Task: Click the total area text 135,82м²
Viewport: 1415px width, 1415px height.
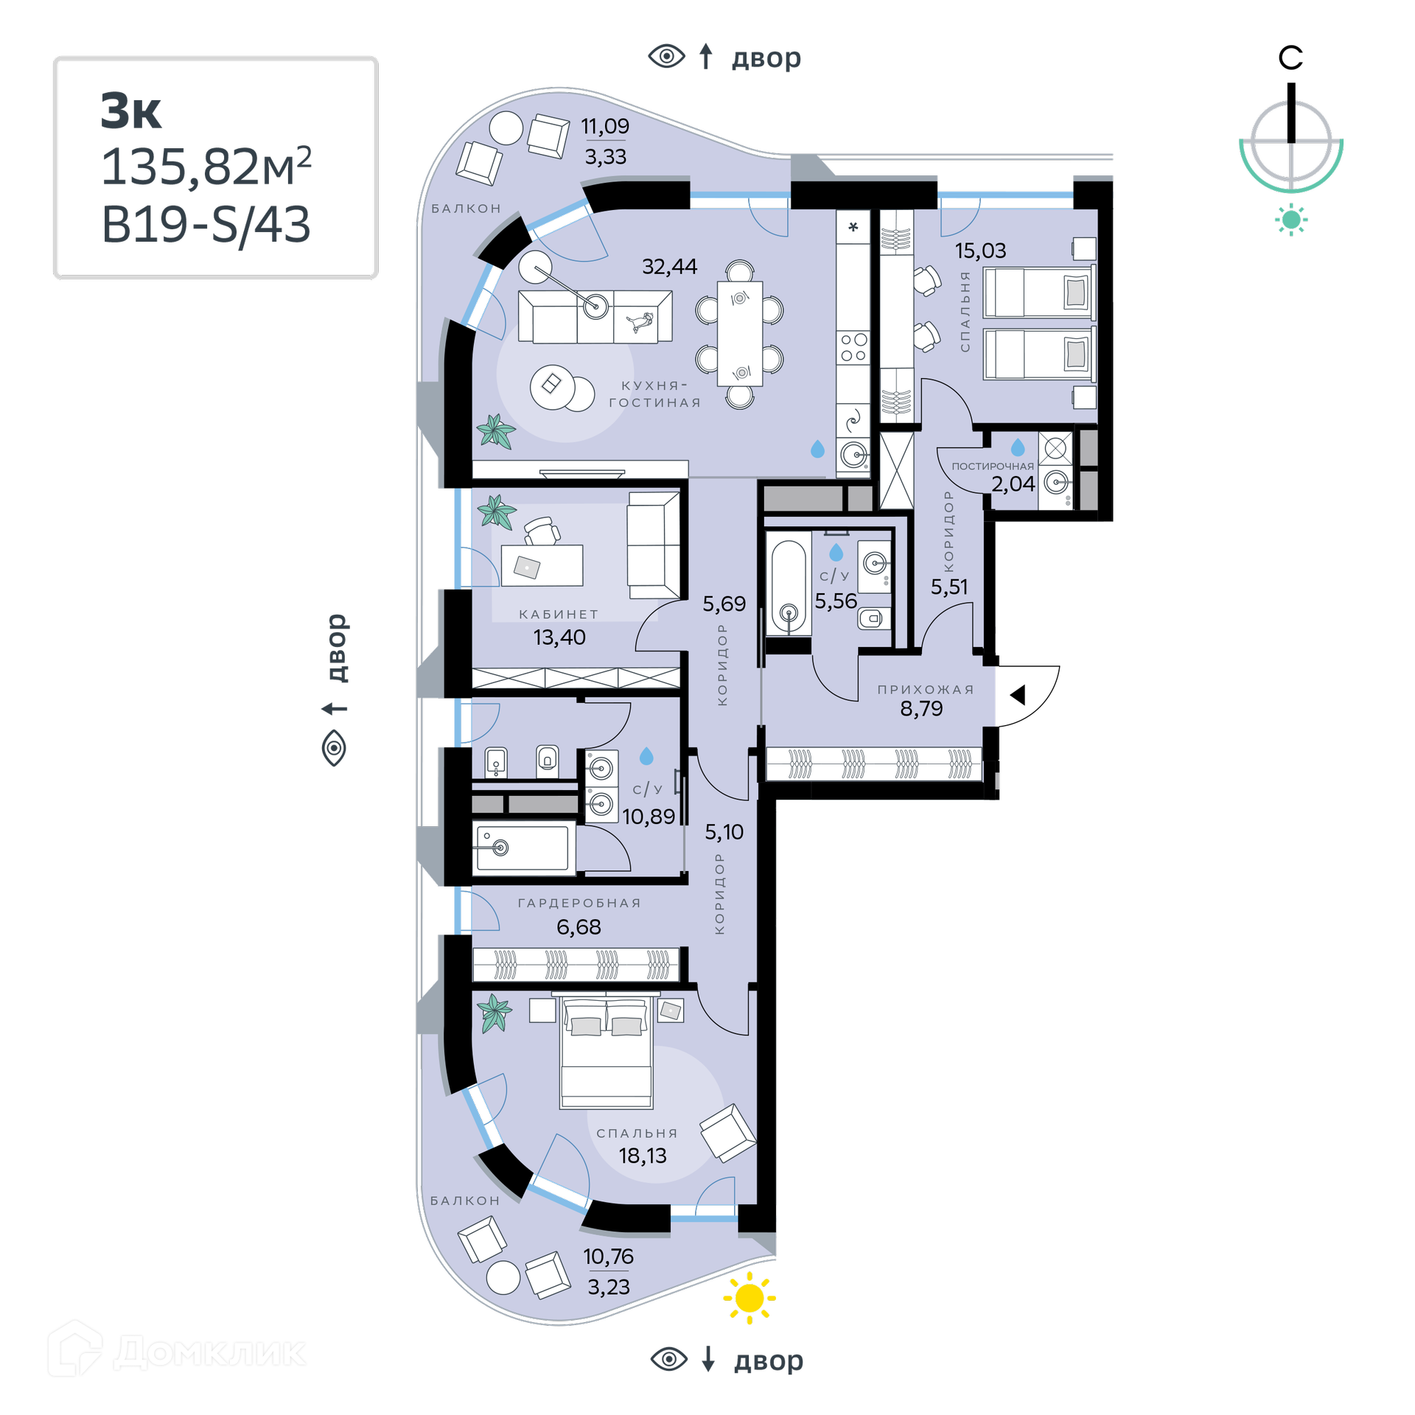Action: point(206,167)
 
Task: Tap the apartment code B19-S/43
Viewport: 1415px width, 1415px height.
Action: point(206,224)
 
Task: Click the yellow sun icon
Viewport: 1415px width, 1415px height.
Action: point(750,1298)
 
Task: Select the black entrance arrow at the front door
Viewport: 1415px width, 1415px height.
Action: point(1018,694)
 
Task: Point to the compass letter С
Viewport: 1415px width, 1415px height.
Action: point(1290,57)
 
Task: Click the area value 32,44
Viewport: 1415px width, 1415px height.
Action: point(669,266)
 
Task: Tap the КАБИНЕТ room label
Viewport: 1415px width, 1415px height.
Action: point(559,614)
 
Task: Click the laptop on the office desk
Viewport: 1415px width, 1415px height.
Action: point(527,567)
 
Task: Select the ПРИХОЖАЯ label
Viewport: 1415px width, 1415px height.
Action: point(926,689)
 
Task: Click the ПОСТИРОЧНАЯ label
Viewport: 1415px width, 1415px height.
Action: point(993,466)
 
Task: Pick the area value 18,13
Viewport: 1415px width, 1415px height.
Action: point(643,1156)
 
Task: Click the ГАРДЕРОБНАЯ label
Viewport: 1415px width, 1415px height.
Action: point(579,903)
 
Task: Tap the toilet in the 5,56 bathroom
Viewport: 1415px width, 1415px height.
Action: point(874,618)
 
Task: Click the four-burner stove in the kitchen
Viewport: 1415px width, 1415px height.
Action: point(853,347)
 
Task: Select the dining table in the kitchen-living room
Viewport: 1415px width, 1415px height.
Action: point(740,333)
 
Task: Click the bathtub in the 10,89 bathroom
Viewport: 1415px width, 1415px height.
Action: point(523,849)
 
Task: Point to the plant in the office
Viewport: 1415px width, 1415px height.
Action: point(496,511)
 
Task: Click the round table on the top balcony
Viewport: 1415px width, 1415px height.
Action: point(506,128)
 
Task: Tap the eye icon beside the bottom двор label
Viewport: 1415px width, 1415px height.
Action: point(668,1359)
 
